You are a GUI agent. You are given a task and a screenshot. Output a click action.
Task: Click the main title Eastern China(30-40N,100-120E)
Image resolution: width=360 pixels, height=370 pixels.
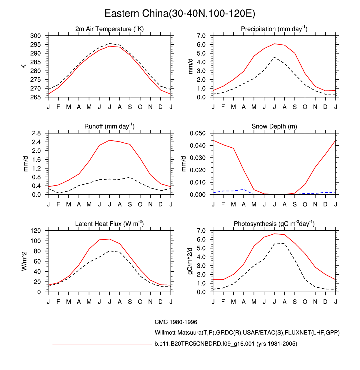pos(180,14)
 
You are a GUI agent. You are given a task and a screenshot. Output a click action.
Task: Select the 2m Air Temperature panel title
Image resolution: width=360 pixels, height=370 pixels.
pos(109,29)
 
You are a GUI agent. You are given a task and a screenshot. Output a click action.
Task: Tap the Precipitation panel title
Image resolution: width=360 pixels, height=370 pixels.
pos(274,29)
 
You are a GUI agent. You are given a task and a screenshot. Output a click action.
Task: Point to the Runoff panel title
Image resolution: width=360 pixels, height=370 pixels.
pos(109,126)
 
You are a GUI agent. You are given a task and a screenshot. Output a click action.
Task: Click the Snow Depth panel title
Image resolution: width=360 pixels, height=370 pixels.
pos(274,126)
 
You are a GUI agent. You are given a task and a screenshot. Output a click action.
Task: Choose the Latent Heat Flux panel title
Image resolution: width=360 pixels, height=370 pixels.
pos(109,224)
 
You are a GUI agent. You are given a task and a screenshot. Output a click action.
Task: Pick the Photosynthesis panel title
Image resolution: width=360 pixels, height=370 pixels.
pos(274,224)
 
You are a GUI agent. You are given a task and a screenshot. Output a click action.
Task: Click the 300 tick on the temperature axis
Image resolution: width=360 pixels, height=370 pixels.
pos(36,36)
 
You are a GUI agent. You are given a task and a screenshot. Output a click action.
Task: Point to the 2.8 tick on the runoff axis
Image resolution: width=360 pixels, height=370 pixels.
pos(36,133)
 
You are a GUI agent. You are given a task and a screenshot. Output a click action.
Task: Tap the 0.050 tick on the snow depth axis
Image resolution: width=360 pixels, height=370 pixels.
pos(198,133)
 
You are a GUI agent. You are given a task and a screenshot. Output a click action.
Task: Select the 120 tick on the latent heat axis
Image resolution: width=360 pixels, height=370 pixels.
pos(36,231)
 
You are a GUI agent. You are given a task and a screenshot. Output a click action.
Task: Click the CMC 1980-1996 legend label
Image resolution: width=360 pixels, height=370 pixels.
pos(176,322)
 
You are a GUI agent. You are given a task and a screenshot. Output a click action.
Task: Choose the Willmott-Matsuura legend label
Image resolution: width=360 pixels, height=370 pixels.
pos(247,333)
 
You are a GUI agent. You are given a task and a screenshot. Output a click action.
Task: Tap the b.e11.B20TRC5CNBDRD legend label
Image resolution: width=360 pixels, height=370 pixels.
pos(226,344)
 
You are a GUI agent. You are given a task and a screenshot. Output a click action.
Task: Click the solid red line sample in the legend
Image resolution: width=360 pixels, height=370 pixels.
pos(102,344)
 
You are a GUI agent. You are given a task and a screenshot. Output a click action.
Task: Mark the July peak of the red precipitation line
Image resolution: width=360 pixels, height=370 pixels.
pos(274,44)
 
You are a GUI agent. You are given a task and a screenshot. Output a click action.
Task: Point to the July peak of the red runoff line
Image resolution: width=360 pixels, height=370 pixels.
pos(110,140)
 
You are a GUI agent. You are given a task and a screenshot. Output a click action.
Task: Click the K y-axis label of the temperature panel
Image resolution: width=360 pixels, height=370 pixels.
pos(24,66)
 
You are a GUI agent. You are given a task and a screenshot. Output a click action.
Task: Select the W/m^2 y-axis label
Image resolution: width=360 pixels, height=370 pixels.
pos(24,261)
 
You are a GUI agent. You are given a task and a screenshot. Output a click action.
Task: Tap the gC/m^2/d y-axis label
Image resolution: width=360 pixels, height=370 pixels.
pos(190,261)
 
